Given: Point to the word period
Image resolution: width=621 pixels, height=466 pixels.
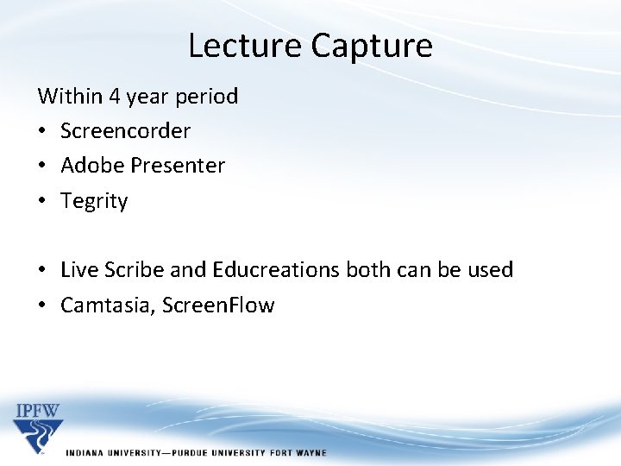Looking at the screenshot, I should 207,96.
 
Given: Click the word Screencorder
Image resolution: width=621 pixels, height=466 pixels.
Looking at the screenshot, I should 125,130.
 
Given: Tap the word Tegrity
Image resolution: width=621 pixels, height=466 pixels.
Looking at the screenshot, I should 94,201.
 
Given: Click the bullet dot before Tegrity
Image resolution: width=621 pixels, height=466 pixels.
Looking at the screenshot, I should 42,201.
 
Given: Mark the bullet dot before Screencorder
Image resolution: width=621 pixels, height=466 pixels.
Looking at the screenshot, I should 42,131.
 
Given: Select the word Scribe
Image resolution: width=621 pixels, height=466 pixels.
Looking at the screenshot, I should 135,269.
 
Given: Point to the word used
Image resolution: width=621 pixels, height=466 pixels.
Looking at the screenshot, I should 489,269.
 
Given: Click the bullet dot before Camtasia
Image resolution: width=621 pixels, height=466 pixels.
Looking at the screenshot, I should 42,305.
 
